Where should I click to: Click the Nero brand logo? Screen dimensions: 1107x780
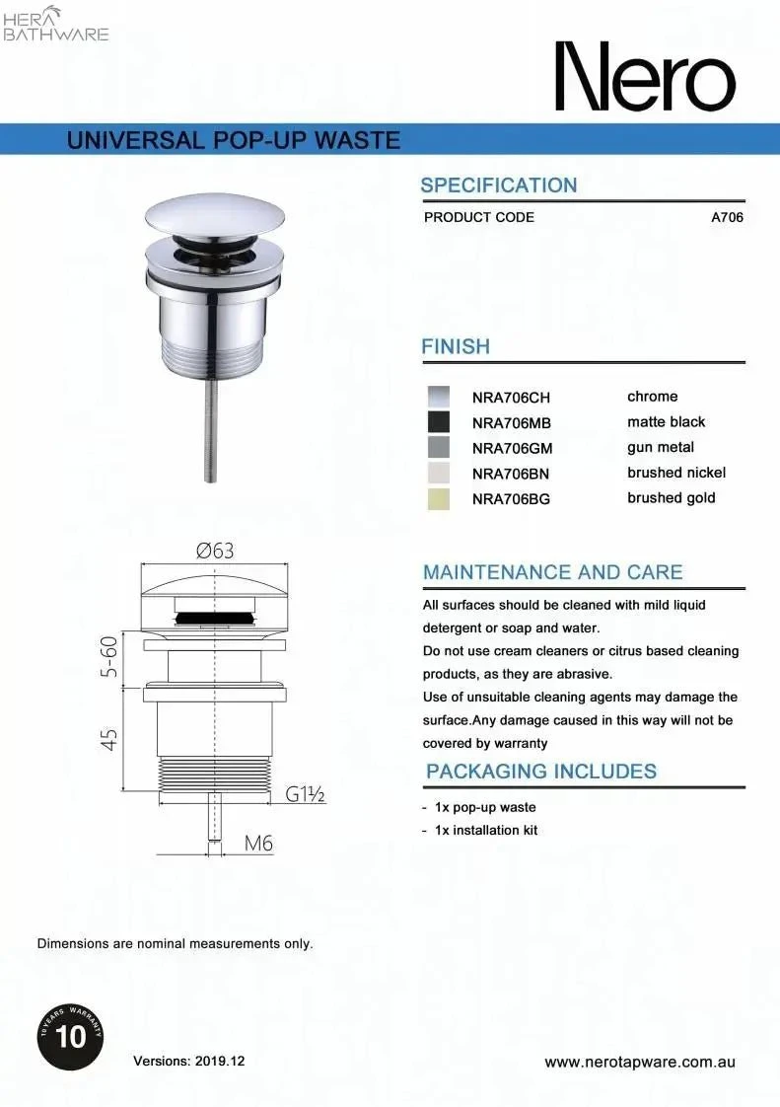[x=644, y=77]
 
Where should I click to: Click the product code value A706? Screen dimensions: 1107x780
[x=727, y=217]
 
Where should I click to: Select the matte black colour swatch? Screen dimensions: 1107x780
[x=438, y=422]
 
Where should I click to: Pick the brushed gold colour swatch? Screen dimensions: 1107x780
[x=438, y=499]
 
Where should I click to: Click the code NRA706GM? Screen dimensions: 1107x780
[x=511, y=448]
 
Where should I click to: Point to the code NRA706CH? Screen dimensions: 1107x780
[x=511, y=398]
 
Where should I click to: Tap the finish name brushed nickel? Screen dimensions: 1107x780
[x=675, y=473]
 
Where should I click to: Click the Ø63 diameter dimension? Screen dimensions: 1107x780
[x=214, y=552]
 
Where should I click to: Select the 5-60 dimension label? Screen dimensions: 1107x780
[x=109, y=657]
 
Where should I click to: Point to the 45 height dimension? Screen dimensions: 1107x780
[x=109, y=738]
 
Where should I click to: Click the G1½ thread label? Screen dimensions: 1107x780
[x=306, y=794]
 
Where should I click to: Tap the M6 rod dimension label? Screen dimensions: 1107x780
[x=258, y=844]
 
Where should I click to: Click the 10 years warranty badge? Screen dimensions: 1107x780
[x=71, y=1035]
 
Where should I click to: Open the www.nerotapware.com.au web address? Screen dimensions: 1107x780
[x=641, y=1063]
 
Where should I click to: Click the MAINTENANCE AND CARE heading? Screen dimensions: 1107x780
[x=552, y=572]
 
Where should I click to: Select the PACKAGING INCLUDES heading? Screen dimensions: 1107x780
[x=541, y=772]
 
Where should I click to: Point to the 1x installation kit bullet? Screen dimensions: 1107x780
[x=485, y=830]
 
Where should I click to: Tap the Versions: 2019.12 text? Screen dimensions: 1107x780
[x=188, y=1062]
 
